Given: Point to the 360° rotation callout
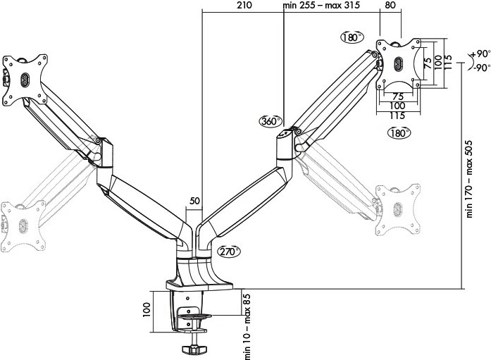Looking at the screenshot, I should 270,121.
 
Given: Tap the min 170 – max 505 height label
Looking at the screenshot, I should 468,176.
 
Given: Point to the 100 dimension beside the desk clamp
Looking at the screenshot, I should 147,310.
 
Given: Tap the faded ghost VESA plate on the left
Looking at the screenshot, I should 23,222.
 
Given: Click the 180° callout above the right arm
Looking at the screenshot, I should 351,37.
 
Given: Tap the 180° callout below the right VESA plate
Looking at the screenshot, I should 399,132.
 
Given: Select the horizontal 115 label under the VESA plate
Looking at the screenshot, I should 398,116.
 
